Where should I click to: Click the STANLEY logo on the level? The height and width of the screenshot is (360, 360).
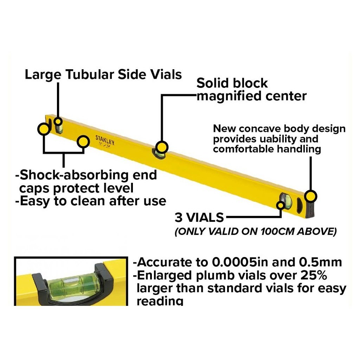coord(105,140)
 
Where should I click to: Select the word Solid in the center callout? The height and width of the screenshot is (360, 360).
coord(212,83)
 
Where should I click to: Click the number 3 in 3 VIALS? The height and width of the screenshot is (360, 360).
coord(179,218)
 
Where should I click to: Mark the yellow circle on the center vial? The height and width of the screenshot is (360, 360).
coord(162,147)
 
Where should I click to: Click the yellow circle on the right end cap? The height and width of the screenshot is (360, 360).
coord(311,196)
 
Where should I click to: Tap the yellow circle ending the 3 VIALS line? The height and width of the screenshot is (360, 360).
coord(281,205)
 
